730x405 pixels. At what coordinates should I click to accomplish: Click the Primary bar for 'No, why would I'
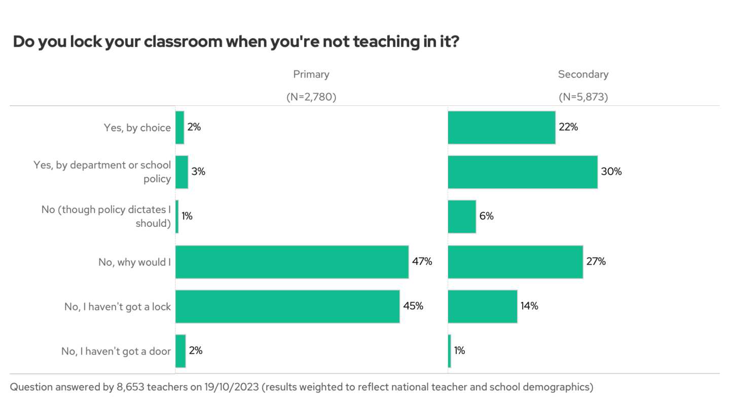292,262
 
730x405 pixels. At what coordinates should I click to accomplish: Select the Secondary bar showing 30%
523,172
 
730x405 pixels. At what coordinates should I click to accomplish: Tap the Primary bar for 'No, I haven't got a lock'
287,306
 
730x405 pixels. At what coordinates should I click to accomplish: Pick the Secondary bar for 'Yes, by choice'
501,127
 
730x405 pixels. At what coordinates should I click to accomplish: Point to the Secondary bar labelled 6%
462,216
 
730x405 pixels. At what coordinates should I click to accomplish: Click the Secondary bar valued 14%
483,306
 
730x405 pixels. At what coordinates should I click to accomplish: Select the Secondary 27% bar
516,262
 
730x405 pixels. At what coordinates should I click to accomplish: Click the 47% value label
422,262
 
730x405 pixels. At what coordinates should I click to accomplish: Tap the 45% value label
413,306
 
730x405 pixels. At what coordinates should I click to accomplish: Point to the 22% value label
568,127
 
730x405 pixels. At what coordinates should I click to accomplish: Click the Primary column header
311,74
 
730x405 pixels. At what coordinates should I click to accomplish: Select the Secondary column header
583,74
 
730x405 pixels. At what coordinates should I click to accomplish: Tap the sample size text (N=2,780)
311,97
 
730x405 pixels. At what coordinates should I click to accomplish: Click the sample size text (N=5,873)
583,97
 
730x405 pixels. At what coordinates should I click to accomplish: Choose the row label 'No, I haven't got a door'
116,351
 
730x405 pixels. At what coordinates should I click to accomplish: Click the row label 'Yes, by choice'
137,128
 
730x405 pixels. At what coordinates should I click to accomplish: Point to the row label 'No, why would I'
134,262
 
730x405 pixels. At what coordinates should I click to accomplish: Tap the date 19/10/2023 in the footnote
235,387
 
